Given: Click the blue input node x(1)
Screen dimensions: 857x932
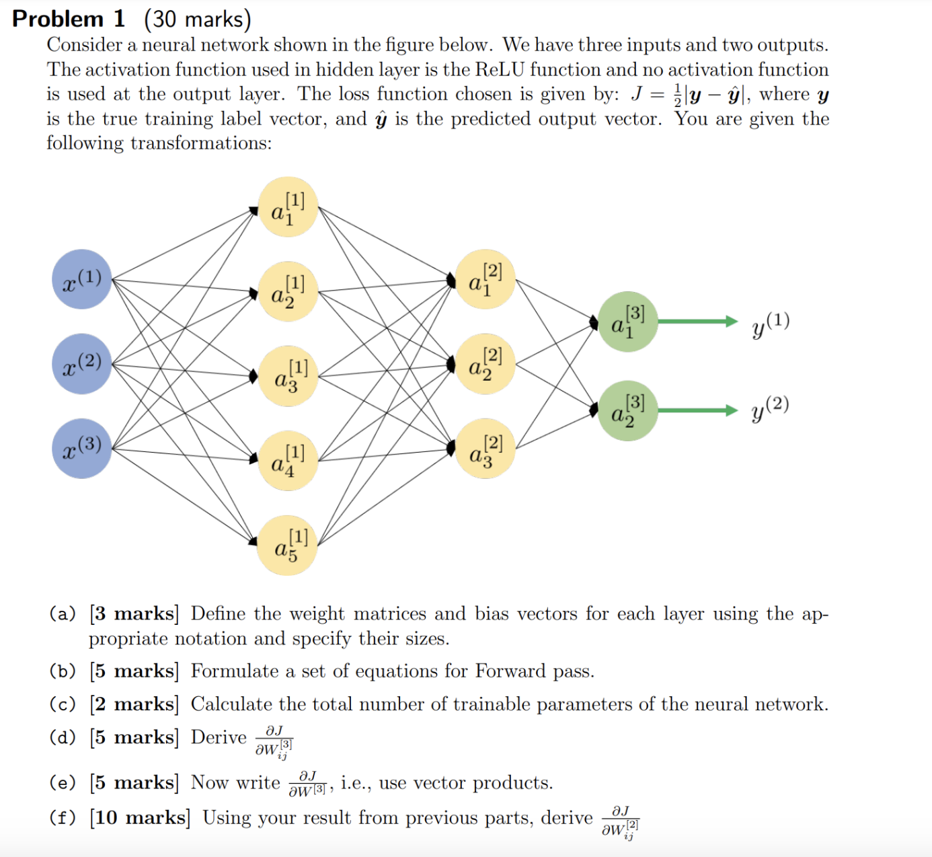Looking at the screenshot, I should (81, 279).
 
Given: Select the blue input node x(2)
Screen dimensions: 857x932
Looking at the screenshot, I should (81, 364).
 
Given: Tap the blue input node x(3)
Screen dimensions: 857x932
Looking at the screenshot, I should (81, 449).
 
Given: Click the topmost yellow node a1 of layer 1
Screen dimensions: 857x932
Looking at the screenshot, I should (288, 207).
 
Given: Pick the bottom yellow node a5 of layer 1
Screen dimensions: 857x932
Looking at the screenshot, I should (288, 546).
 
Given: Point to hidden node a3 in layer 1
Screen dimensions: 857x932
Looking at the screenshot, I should (288, 375).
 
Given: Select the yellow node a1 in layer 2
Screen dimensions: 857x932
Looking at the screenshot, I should (485, 279).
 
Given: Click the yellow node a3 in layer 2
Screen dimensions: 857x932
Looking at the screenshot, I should (485, 449).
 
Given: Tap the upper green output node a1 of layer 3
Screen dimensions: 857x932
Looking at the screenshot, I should (627, 322).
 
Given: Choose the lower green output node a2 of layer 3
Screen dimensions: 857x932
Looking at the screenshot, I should (627, 411).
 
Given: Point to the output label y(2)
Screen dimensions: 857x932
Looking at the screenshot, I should (770, 408).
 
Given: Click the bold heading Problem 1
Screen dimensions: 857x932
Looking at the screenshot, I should (69, 19).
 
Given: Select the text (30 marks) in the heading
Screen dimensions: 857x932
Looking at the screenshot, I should (197, 19).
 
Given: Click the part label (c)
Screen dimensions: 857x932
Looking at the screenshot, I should (63, 704).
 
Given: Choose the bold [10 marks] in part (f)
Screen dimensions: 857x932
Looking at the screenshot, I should (140, 817).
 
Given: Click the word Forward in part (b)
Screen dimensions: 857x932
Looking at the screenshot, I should (510, 671).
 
